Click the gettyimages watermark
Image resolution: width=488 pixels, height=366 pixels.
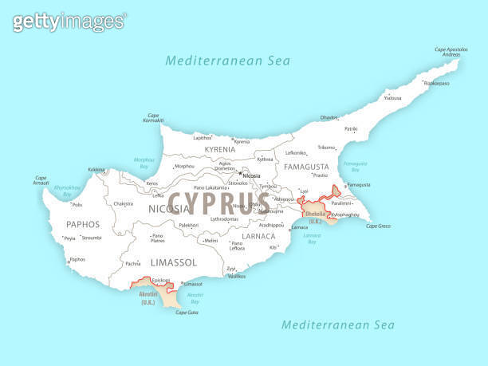[x=69, y=22]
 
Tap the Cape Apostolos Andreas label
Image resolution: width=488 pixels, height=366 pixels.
[x=451, y=53]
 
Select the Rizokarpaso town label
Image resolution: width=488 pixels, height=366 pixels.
[x=436, y=83]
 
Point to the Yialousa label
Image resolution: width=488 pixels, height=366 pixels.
[x=393, y=98]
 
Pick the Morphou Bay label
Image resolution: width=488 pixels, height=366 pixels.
[x=144, y=163]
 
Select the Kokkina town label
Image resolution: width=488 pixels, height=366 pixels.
[x=96, y=169]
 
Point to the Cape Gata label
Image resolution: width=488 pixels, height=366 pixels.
[x=187, y=313]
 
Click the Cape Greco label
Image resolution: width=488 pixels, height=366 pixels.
[x=378, y=226]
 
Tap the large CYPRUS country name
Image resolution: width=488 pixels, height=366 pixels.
[x=219, y=201]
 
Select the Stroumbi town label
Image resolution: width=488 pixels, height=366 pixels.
[x=92, y=238]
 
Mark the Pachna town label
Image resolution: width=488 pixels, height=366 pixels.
[x=132, y=263]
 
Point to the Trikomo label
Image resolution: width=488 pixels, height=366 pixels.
[x=327, y=147]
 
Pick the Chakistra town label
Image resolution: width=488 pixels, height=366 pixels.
[x=124, y=203]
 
